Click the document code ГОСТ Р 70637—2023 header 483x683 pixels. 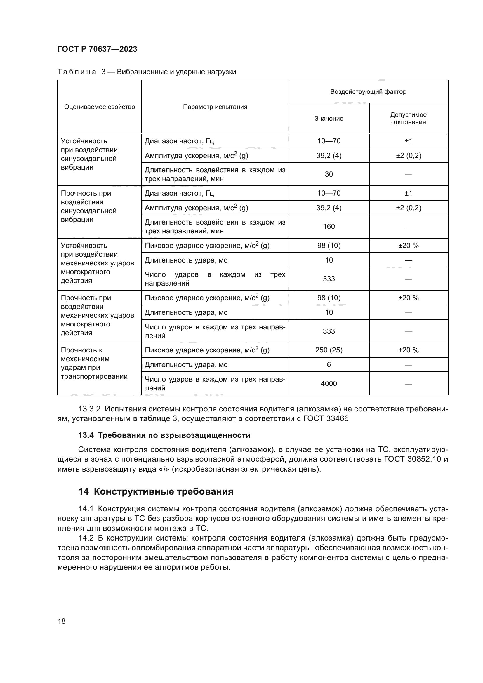tap(97, 49)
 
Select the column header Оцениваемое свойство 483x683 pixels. tap(99, 107)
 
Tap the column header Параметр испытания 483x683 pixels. tap(215, 107)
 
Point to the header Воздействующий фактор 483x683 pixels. tap(368, 92)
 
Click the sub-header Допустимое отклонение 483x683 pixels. tap(408, 118)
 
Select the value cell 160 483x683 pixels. tap(329, 227)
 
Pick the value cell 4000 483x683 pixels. tap(329, 384)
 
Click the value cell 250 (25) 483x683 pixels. tap(329, 350)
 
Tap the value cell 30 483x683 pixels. tap(329, 174)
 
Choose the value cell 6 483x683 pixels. tap(329, 365)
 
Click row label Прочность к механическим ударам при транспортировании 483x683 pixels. tap(94, 363)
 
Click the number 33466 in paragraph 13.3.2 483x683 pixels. tap(338, 419)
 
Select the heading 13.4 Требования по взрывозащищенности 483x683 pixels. tap(164, 435)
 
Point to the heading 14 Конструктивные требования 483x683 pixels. tap(156, 492)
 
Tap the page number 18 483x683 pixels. tap(62, 621)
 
